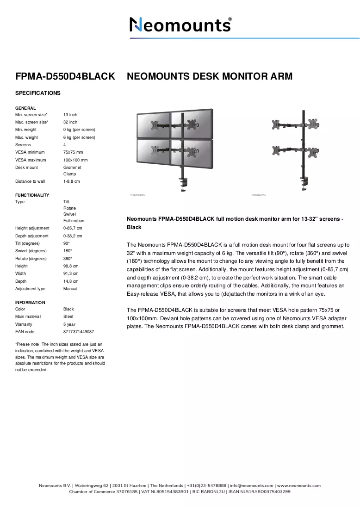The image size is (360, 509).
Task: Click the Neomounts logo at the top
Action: [180, 25]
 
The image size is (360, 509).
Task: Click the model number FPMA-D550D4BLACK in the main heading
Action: [65, 76]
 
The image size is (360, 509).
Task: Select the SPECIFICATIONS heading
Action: [37, 93]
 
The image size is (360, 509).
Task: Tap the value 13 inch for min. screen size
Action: [70, 115]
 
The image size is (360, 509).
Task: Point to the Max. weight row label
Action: [26, 137]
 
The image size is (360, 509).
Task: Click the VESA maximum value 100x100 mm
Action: [75, 160]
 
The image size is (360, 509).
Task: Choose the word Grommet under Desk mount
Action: [72, 168]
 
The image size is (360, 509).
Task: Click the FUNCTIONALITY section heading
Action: [32, 195]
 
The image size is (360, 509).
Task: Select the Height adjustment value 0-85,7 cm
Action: [73, 228]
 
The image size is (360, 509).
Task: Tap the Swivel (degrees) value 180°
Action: [68, 251]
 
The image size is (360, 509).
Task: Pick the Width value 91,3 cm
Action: [71, 273]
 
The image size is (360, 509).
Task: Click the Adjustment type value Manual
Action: [70, 289]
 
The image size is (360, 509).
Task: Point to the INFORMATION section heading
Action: [30, 303]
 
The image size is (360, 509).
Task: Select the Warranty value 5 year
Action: [69, 324]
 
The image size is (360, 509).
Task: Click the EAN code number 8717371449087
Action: [79, 332]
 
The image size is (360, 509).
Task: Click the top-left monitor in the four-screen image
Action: [154, 125]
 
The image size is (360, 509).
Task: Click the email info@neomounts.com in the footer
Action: [252, 485]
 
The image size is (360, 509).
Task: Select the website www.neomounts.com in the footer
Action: [298, 485]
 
